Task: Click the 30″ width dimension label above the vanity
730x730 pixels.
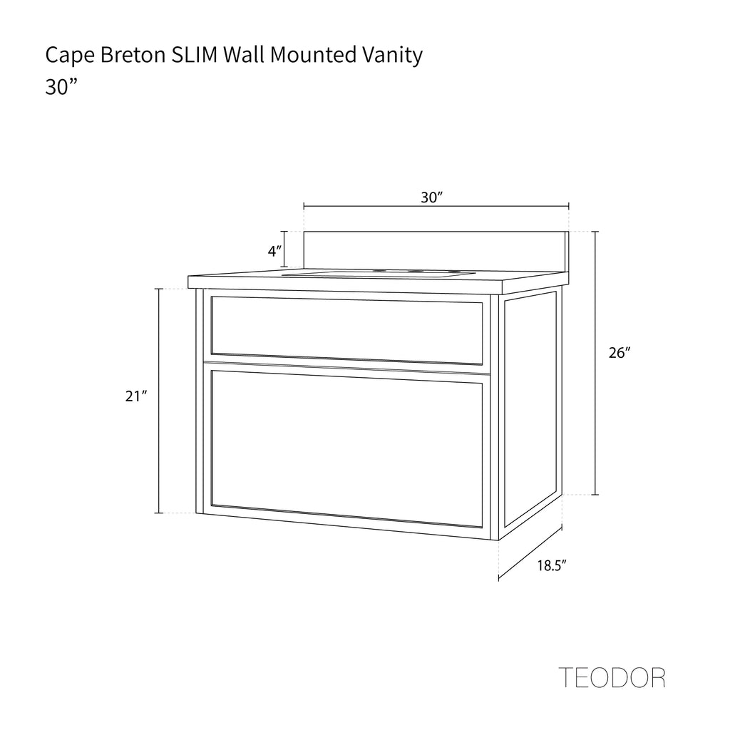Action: [431, 197]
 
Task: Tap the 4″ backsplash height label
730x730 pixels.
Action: [274, 252]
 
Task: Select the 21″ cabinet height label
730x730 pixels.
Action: [136, 396]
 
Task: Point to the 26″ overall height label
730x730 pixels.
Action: [620, 353]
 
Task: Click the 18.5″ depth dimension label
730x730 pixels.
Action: [552, 565]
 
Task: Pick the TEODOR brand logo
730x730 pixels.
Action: [612, 678]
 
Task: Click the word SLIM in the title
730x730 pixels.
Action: [195, 54]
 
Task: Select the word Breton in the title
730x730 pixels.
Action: [133, 54]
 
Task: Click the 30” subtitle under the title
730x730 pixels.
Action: [61, 86]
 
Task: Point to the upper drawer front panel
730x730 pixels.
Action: [347, 330]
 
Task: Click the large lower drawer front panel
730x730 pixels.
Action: [347, 449]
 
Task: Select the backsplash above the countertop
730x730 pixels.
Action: [436, 252]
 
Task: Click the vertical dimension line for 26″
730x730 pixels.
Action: [595, 363]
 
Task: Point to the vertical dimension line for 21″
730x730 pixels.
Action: [159, 401]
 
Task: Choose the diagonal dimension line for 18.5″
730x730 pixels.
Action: [530, 553]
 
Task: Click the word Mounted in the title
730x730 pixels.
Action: [314, 54]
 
